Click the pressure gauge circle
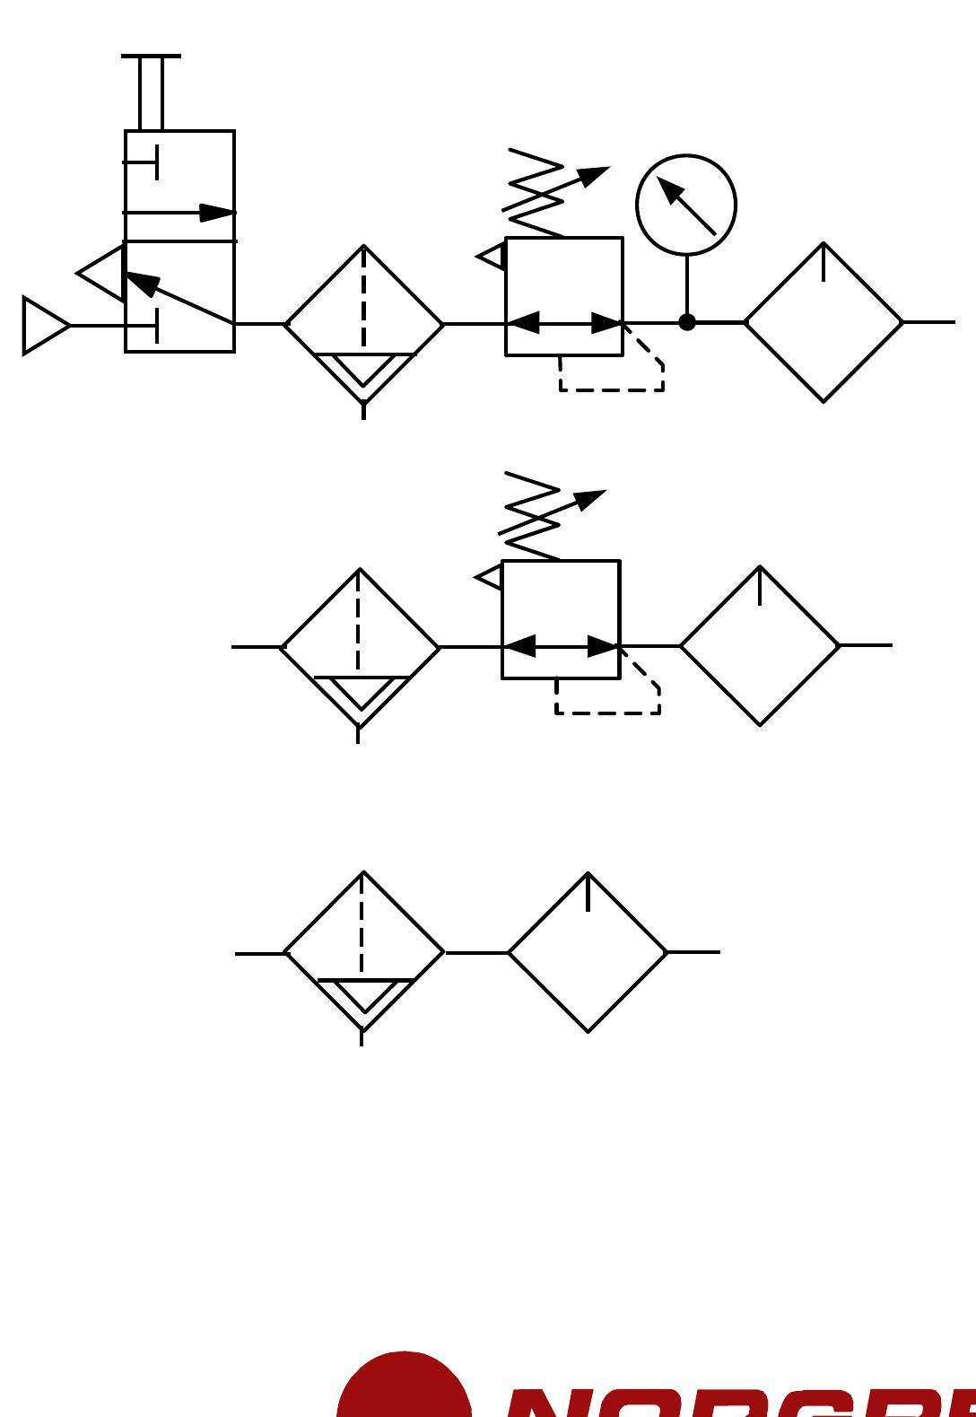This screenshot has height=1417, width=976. [686, 205]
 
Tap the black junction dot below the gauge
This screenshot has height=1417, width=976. [687, 322]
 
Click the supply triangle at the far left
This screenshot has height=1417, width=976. [44, 326]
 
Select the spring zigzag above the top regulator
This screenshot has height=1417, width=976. [534, 193]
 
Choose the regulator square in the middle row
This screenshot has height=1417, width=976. [561, 619]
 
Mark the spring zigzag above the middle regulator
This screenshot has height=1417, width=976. [530, 516]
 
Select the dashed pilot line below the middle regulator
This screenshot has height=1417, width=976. [608, 713]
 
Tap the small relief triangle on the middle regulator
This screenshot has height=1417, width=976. [491, 577]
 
